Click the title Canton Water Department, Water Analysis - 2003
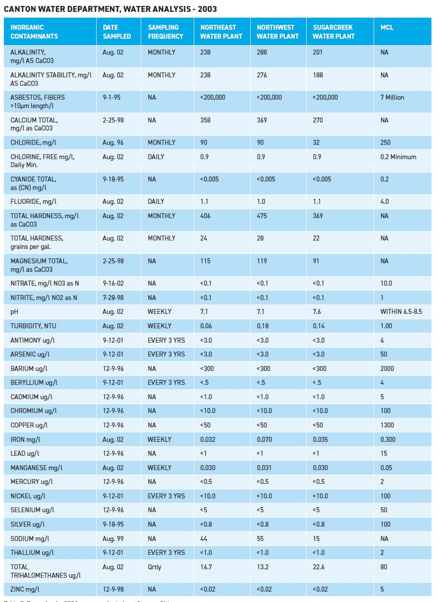pos(110,9)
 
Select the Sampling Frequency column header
pos(165,32)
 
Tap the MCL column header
pos(387,28)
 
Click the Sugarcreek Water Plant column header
pos(332,32)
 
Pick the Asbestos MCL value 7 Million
pos(392,98)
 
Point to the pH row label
pos(14,312)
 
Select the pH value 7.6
pos(317,312)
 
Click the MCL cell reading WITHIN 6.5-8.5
pos(401,312)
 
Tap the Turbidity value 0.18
pos(262,326)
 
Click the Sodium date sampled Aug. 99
pos(113,539)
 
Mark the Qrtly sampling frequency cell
pos(155,567)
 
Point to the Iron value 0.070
pos(265,439)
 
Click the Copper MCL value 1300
pos(387,425)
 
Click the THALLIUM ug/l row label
pos(32,553)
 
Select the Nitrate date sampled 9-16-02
pos(114,284)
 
